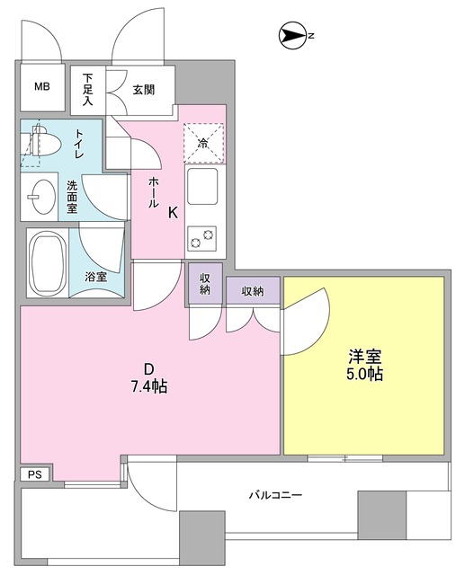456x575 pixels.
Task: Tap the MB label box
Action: tap(42, 87)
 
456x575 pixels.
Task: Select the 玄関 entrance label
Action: tap(144, 89)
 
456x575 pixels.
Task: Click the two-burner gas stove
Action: tap(202, 238)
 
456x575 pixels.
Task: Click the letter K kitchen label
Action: tap(172, 212)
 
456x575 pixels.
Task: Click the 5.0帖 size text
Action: tap(364, 372)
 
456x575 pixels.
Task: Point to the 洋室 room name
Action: tap(364, 354)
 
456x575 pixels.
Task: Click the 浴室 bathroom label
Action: tap(95, 277)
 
